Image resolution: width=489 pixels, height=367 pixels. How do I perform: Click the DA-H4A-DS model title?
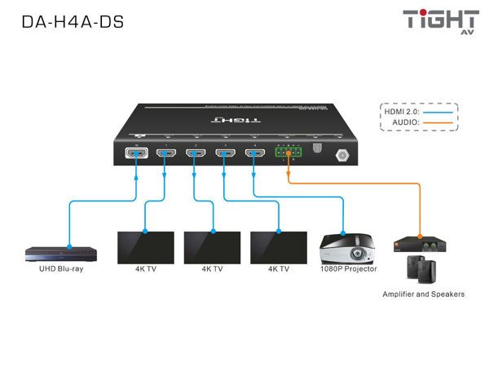click(73, 23)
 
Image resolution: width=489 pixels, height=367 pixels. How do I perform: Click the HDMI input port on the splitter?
click(134, 154)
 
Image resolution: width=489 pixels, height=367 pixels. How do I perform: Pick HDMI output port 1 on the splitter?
click(165, 154)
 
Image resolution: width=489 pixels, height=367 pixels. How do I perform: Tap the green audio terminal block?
click(288, 153)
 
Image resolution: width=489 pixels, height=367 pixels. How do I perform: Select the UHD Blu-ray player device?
click(54, 253)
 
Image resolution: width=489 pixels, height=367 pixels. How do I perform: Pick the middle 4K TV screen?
click(212, 245)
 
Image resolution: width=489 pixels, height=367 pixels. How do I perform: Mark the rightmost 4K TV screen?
click(278, 245)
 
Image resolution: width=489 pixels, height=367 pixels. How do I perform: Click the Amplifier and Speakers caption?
click(424, 294)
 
